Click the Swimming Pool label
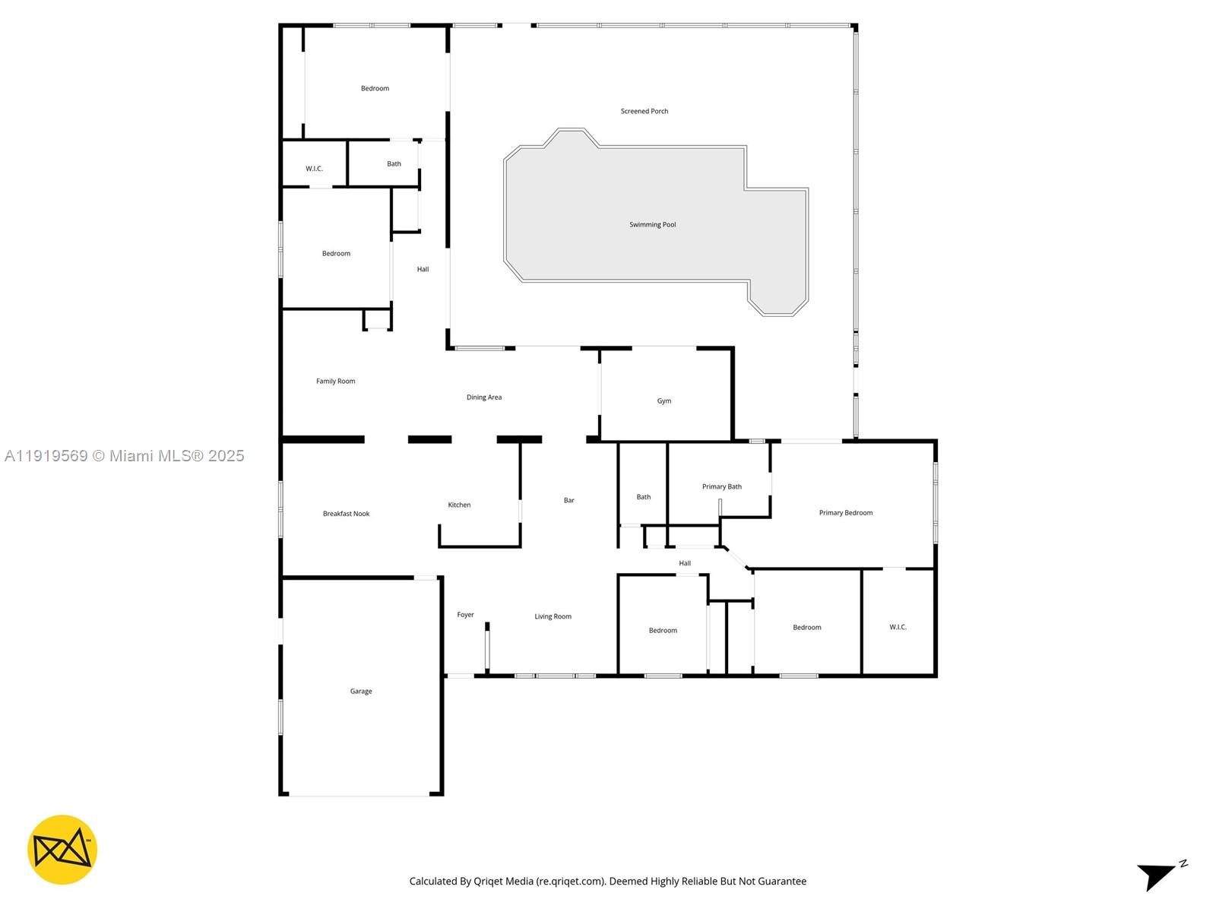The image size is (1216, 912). click(x=652, y=225)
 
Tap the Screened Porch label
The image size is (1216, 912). click(x=644, y=112)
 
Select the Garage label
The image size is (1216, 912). click(x=361, y=692)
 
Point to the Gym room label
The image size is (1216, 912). click(x=664, y=401)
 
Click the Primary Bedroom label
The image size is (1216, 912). click(x=845, y=513)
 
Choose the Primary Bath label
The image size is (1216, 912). click(x=721, y=487)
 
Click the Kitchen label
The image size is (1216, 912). click(x=459, y=505)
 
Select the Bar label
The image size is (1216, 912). click(x=569, y=501)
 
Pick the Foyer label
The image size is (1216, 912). click(x=465, y=615)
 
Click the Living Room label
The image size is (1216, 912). click(x=553, y=617)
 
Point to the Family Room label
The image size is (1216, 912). click(x=335, y=382)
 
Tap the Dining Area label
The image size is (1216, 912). click(x=484, y=397)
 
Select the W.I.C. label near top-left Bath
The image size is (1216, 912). click(x=314, y=169)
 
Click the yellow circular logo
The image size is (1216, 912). click(x=62, y=850)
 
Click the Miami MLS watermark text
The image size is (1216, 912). click(x=124, y=456)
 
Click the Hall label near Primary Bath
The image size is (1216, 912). click(x=685, y=564)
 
